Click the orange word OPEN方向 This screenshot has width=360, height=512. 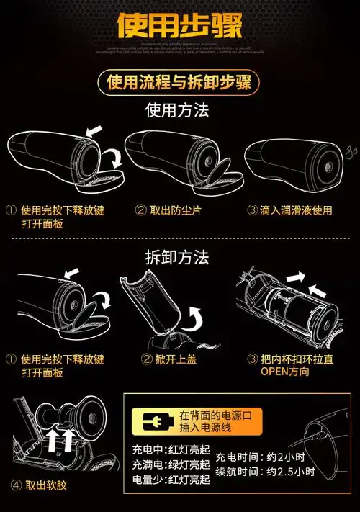284,372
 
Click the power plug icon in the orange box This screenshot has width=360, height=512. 156,422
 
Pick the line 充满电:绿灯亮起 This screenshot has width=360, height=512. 171,465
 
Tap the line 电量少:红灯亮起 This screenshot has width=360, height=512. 171,480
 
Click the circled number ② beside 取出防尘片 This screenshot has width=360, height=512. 141,210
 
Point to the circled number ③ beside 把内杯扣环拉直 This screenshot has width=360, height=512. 252,359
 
